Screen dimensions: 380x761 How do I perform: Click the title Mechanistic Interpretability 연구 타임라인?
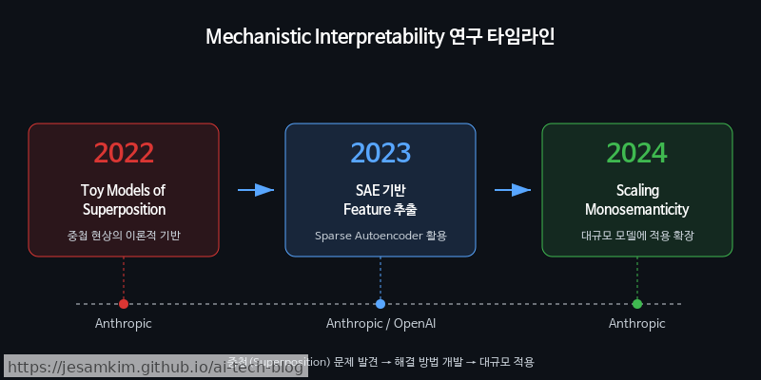tap(380, 38)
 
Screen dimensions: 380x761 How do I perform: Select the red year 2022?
tap(124, 153)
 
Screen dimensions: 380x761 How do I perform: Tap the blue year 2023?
tap(380, 153)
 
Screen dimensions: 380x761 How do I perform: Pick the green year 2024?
tap(637, 153)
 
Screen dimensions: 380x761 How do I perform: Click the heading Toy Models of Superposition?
tap(124, 199)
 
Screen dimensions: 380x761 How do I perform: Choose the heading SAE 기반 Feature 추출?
tap(380, 199)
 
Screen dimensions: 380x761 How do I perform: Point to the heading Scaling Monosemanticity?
tap(637, 199)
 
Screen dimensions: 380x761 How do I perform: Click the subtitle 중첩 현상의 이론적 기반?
tap(124, 235)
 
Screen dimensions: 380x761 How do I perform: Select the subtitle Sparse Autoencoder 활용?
tap(380, 235)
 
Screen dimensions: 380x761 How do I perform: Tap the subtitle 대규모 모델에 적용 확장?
tap(637, 235)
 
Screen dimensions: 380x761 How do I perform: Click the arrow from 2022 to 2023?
tap(255, 190)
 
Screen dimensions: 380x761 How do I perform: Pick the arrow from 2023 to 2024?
tap(512, 190)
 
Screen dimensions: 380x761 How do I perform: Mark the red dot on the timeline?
tap(124, 304)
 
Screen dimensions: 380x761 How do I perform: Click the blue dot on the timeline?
tap(380, 304)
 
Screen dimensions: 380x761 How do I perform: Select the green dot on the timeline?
tap(637, 304)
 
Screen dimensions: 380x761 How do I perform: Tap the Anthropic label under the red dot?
tap(124, 324)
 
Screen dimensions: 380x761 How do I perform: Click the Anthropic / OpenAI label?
tap(380, 324)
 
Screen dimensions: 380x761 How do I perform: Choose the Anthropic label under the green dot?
tap(637, 324)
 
